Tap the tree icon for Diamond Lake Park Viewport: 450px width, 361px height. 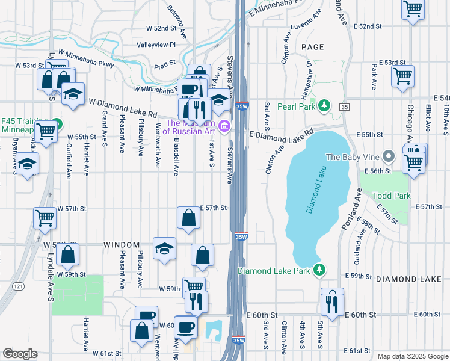coord(321,270)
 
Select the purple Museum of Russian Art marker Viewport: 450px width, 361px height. coord(225,125)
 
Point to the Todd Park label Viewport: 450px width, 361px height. coord(391,196)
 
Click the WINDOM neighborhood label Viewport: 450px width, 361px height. coord(122,245)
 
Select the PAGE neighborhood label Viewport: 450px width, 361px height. coord(312,47)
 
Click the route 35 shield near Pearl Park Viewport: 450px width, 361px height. coord(344,106)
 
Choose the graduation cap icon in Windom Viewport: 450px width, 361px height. coord(164,248)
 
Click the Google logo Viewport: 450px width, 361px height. coord(20,354)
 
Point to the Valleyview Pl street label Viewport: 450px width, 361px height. coord(156,45)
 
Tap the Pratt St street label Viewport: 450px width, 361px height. coord(164,63)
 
